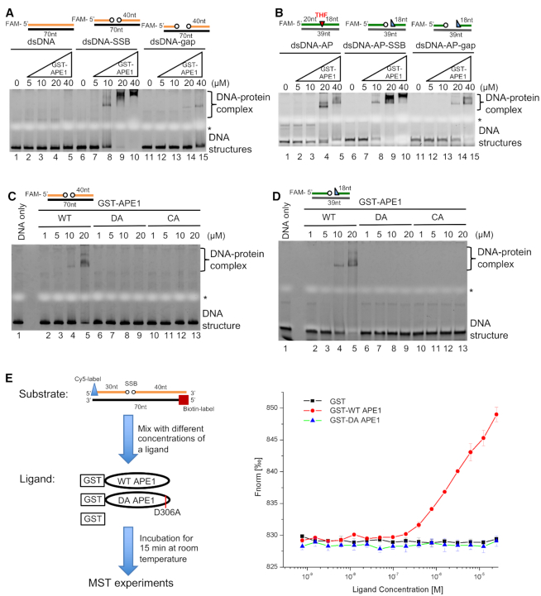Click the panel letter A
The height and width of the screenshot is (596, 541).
pyautogui.click(x=8, y=7)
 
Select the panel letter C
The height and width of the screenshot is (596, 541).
pyautogui.click(x=8, y=196)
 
